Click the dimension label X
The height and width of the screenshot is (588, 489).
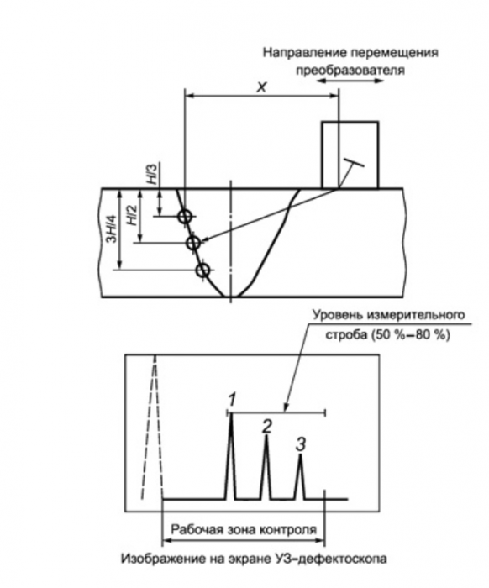pos(262,87)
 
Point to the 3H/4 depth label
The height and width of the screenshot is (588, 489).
pos(112,228)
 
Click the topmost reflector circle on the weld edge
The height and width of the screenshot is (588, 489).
pos(184,217)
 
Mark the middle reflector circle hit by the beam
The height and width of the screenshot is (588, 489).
pos(193,243)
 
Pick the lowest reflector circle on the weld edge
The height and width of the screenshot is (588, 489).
pos(202,270)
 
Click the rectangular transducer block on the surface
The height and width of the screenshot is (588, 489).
pos(350,155)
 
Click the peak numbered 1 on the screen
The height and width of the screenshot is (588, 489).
pos(230,455)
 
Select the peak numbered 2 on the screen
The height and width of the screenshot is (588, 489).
pos(266,468)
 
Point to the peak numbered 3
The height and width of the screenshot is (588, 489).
pos(300,476)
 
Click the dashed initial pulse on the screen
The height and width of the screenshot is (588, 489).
pos(153,427)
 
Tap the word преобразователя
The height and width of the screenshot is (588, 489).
pos(350,71)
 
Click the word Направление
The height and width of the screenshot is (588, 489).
pos(304,53)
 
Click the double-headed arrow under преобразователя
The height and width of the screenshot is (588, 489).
pos(350,81)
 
